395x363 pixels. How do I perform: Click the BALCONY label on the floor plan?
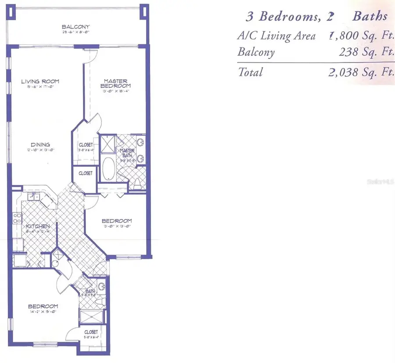(76, 27)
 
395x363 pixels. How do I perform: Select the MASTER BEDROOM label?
(116, 83)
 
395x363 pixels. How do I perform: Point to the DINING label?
(40, 144)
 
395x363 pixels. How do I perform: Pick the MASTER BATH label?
(127, 152)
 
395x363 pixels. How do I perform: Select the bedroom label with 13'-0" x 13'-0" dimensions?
(117, 221)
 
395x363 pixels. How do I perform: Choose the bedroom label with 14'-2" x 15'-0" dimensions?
(43, 306)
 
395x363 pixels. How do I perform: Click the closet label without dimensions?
(86, 173)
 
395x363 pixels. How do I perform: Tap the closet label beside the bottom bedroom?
(91, 332)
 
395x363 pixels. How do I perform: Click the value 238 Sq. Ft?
(366, 52)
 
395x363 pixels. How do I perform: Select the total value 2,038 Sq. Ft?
(360, 72)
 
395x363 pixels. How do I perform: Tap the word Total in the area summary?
(250, 72)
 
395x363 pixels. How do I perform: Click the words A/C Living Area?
(276, 36)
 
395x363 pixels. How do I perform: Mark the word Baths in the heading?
(370, 16)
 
